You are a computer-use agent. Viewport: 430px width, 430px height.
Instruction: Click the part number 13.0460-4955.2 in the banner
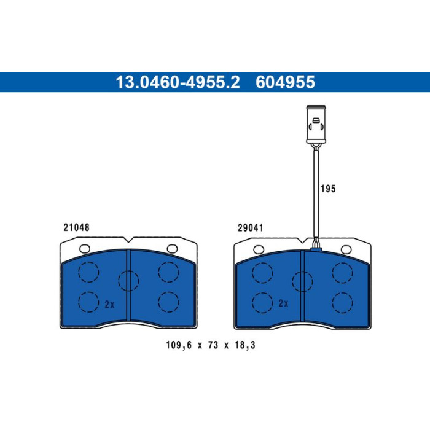click(178, 82)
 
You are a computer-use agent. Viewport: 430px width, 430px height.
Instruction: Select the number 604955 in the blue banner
click(285, 82)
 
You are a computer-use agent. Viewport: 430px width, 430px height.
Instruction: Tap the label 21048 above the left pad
click(77, 227)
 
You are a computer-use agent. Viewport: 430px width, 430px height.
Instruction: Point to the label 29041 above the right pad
click(251, 228)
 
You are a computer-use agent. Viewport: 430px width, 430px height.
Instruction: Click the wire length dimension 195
click(328, 189)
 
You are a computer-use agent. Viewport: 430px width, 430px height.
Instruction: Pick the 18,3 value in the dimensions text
click(245, 345)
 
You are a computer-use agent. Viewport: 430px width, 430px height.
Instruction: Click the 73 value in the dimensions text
click(213, 345)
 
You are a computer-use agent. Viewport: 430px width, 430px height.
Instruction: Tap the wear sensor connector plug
click(316, 124)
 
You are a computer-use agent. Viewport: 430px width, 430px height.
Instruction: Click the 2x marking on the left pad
click(109, 304)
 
